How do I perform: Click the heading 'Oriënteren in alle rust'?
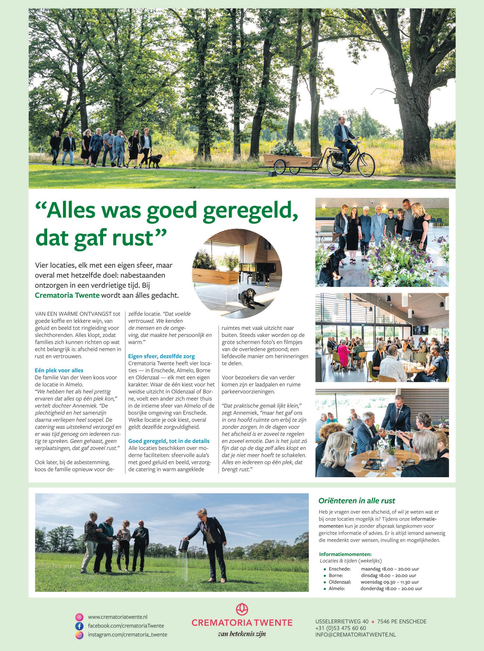(x=357, y=500)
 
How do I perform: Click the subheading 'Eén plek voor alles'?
(x=59, y=370)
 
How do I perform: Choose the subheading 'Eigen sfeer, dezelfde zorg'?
(x=161, y=356)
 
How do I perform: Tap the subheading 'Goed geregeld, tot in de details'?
(x=169, y=441)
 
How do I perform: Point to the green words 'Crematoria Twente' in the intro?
(x=67, y=295)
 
